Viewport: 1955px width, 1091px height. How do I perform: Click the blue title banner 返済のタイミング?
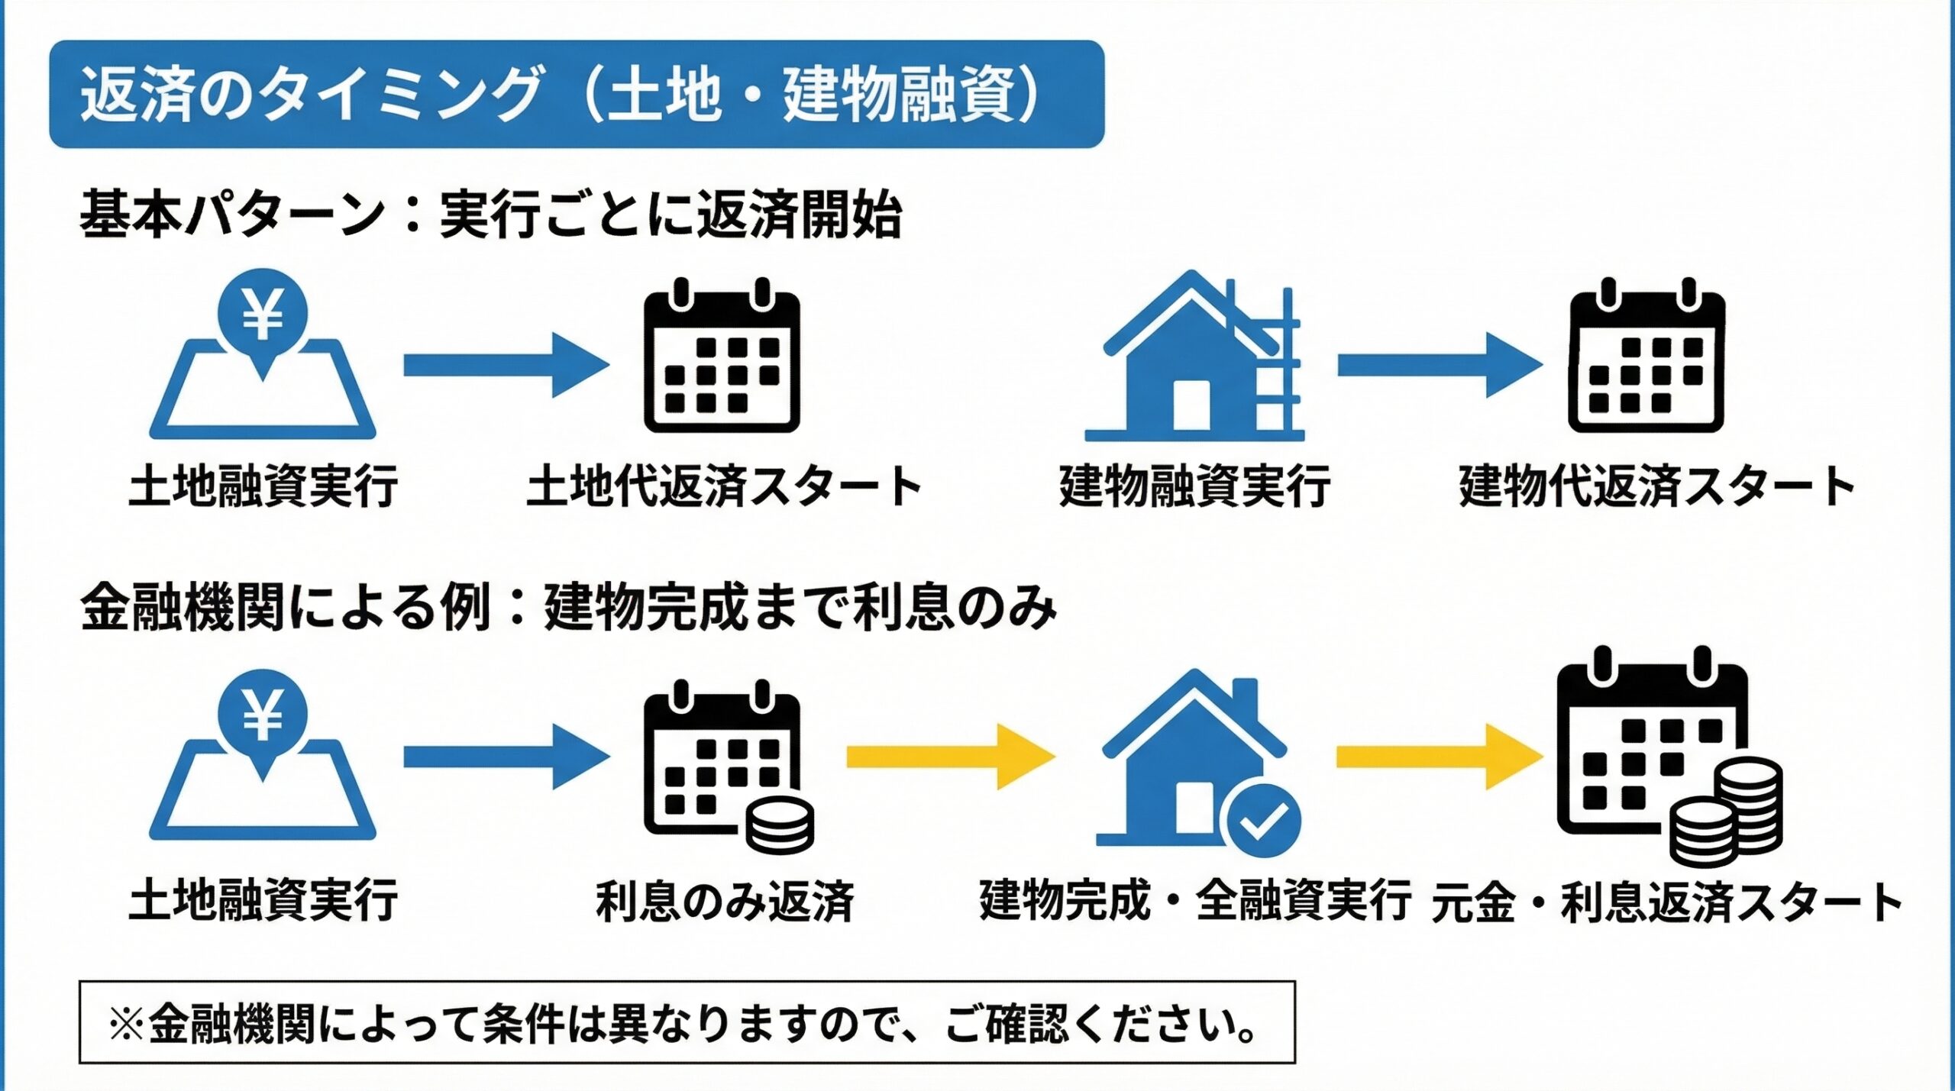point(577,94)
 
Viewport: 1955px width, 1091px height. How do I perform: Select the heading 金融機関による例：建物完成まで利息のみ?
point(569,608)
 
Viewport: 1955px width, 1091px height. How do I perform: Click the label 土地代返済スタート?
point(724,486)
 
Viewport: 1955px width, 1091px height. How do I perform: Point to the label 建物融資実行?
point(1194,486)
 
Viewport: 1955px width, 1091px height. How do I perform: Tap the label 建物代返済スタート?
point(1656,486)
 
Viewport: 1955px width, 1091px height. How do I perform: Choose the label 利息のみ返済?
point(725,901)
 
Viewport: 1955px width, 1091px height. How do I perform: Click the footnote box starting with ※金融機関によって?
point(687,1022)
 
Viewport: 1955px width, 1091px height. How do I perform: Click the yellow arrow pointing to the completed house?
point(951,757)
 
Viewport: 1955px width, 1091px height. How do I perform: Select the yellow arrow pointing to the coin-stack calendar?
point(1440,757)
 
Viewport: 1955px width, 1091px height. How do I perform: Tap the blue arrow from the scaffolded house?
point(1440,365)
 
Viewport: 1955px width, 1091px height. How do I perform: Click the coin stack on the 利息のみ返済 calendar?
point(780,825)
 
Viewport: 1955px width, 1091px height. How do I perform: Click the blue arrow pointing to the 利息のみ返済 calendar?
point(506,757)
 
